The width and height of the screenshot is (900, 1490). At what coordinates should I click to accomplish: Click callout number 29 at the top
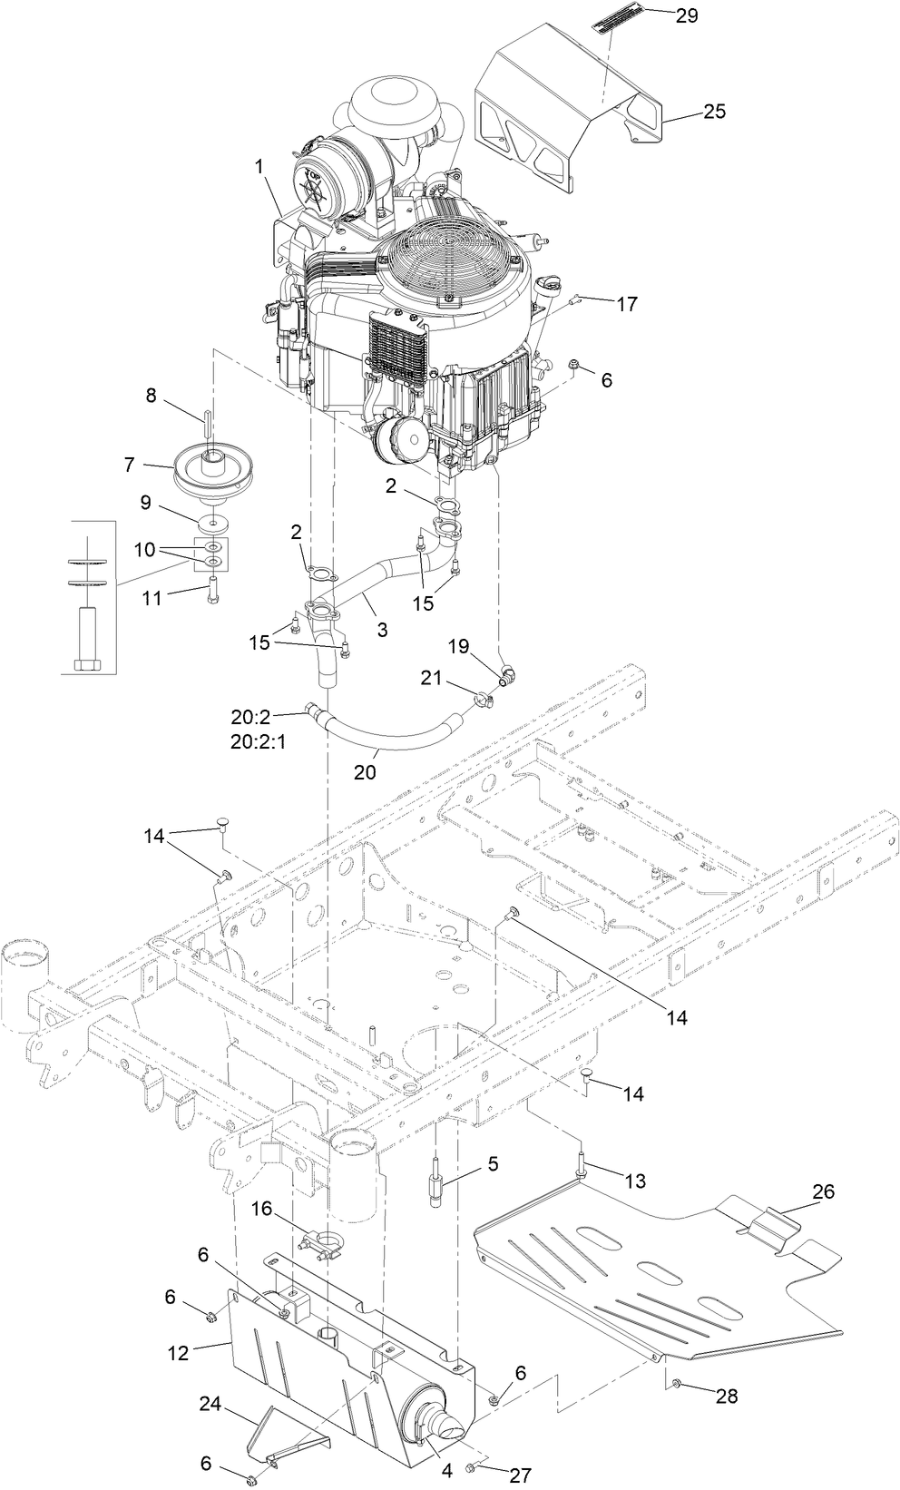pyautogui.click(x=687, y=15)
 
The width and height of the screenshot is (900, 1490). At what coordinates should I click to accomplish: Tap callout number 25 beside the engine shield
pyautogui.click(x=714, y=112)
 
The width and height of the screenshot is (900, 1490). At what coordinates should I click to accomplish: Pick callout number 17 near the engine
pyautogui.click(x=627, y=304)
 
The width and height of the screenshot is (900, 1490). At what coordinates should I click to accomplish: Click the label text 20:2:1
pyautogui.click(x=258, y=740)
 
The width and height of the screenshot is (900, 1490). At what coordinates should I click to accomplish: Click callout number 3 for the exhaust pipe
pyautogui.click(x=383, y=630)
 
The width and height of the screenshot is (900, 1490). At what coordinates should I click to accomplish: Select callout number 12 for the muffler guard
pyautogui.click(x=179, y=1353)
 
